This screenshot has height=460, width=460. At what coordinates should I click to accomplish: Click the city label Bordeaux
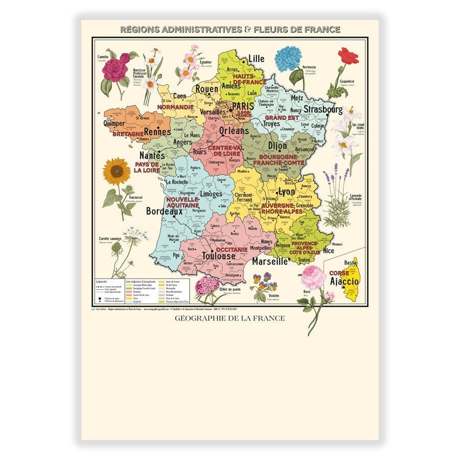164,211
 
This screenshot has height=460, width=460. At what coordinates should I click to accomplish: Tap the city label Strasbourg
323,109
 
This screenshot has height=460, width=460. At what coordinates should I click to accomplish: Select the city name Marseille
270,261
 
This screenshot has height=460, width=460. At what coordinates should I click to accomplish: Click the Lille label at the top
256,59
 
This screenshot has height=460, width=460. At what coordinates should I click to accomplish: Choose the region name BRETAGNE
128,134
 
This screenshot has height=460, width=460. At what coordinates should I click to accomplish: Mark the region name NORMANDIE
175,107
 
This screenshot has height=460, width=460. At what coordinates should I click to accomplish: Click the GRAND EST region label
282,117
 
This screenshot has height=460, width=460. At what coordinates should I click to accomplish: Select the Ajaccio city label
344,281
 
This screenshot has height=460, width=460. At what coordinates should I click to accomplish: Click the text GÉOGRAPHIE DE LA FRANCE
229,318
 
